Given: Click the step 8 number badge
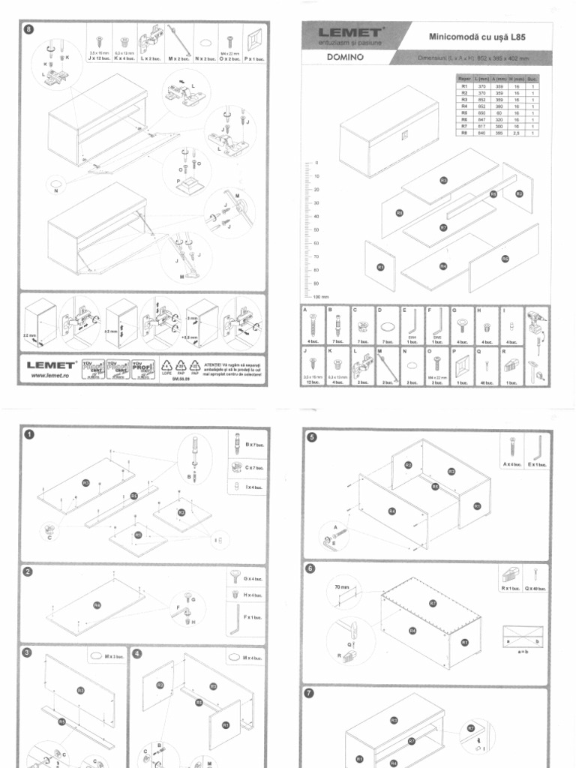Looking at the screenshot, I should [x=29, y=30].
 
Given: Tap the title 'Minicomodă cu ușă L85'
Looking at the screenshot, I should [x=476, y=36].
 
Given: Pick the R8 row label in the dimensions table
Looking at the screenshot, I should [x=463, y=133].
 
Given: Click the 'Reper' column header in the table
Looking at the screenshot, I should [x=463, y=77].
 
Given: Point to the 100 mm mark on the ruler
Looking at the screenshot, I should [x=319, y=297].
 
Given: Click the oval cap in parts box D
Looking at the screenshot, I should [x=387, y=327].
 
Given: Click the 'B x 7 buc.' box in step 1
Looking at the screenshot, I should [x=246, y=444].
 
